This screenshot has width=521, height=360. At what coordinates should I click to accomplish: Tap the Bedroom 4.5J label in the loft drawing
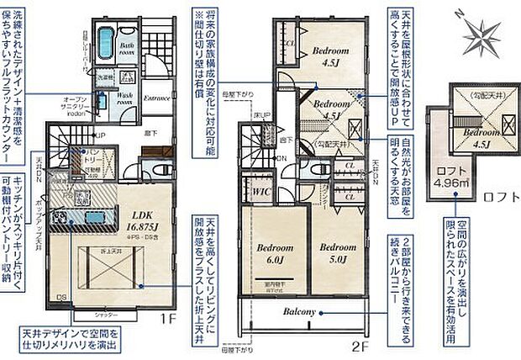(476, 138)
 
